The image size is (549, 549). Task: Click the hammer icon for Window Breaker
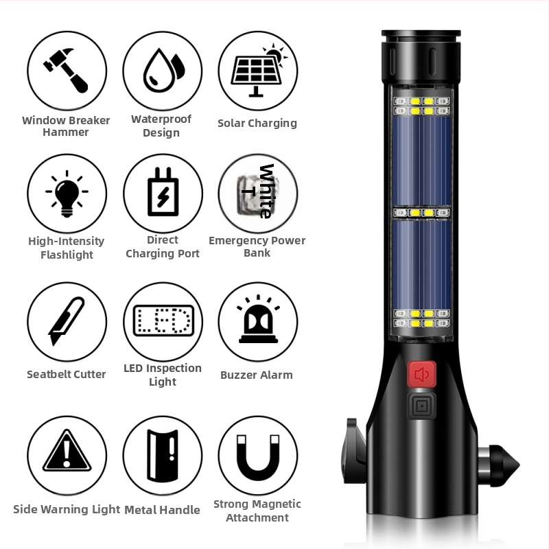67,71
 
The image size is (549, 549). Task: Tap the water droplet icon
163,70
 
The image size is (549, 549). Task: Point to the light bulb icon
67,194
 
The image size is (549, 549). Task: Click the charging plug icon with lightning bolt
163,192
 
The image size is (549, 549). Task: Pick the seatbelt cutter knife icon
67,321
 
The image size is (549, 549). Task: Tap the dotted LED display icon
163,320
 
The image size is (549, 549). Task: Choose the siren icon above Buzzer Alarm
259,319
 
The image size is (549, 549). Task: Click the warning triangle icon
67,450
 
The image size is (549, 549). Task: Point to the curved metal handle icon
163,455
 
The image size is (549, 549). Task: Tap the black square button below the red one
422,406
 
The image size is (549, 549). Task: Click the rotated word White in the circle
266,191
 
